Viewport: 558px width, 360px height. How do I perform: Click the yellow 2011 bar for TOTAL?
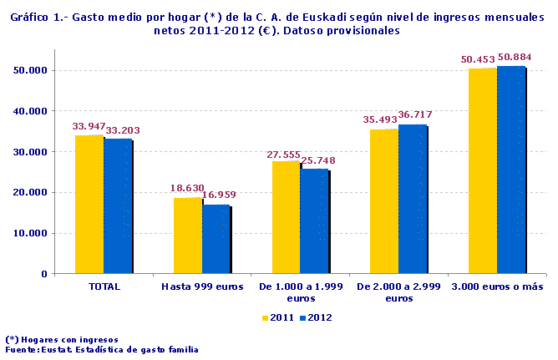(89, 205)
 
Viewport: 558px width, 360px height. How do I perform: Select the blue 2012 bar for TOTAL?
(118, 206)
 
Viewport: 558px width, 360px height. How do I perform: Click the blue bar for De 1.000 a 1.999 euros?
(314, 221)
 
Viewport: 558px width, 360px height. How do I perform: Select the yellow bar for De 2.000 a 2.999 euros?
(385, 201)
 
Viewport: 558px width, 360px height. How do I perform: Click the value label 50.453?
(477, 59)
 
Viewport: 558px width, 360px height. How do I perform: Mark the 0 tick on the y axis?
(44, 274)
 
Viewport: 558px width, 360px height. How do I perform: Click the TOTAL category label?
(104, 286)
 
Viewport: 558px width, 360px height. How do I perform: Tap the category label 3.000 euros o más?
(498, 286)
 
